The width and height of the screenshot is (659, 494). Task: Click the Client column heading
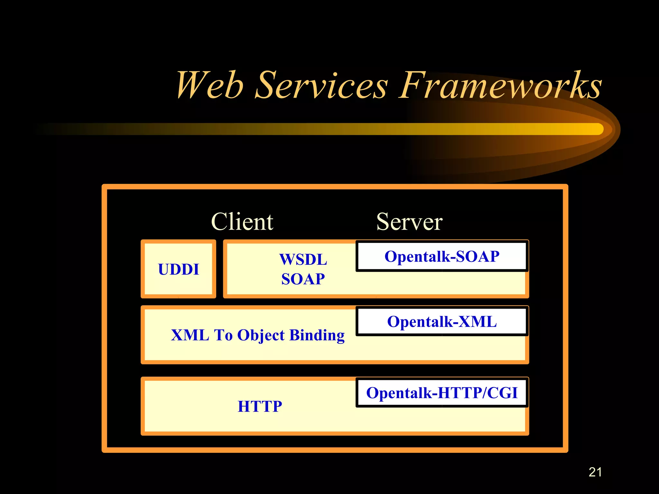pyautogui.click(x=242, y=222)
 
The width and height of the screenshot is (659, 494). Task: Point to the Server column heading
pyautogui.click(x=409, y=222)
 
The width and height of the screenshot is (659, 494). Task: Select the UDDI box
pyautogui.click(x=178, y=269)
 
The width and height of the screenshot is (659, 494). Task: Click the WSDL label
pyautogui.click(x=303, y=259)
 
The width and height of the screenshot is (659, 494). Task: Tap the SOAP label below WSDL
pyautogui.click(x=303, y=279)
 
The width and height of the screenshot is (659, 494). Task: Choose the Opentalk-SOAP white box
pyautogui.click(x=442, y=257)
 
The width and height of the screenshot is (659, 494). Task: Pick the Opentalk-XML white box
pyautogui.click(x=442, y=322)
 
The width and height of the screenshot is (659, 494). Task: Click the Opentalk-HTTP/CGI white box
pyautogui.click(x=442, y=393)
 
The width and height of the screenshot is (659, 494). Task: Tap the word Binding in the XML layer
pyautogui.click(x=317, y=335)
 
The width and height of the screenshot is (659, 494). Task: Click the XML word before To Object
pyautogui.click(x=190, y=335)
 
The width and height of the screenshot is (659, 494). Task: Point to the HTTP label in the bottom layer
pyautogui.click(x=260, y=406)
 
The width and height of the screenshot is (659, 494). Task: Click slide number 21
pyautogui.click(x=595, y=472)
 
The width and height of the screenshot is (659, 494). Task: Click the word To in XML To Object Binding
pyautogui.click(x=223, y=335)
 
